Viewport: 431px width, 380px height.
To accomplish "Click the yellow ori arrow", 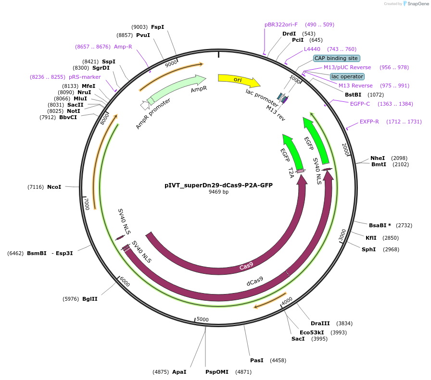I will coord(238,80).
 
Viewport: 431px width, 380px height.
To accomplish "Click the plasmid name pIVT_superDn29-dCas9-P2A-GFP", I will coord(218,185).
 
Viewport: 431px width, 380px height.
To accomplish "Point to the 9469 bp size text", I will coord(218,192).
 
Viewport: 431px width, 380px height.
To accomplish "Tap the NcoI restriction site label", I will coord(54,187).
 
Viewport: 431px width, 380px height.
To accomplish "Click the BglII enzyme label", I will coord(89,299).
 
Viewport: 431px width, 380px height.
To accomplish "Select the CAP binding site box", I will coord(336,58).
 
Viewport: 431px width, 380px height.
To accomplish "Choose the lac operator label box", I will coord(347,76).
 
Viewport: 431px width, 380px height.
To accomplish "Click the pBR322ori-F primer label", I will coord(281,25).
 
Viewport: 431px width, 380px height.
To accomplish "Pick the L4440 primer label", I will coord(312,49).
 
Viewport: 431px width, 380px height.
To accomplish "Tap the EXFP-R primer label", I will coord(369,122).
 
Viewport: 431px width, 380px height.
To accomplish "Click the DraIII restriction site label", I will coord(320,323).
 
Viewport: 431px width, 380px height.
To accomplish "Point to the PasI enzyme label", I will coord(256,360).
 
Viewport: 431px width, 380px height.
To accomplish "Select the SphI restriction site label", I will coord(369,249).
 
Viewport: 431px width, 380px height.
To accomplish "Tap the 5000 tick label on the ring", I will coord(203,319).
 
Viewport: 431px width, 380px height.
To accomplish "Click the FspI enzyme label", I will coord(157,27).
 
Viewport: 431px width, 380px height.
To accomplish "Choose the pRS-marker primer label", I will coord(85,77).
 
